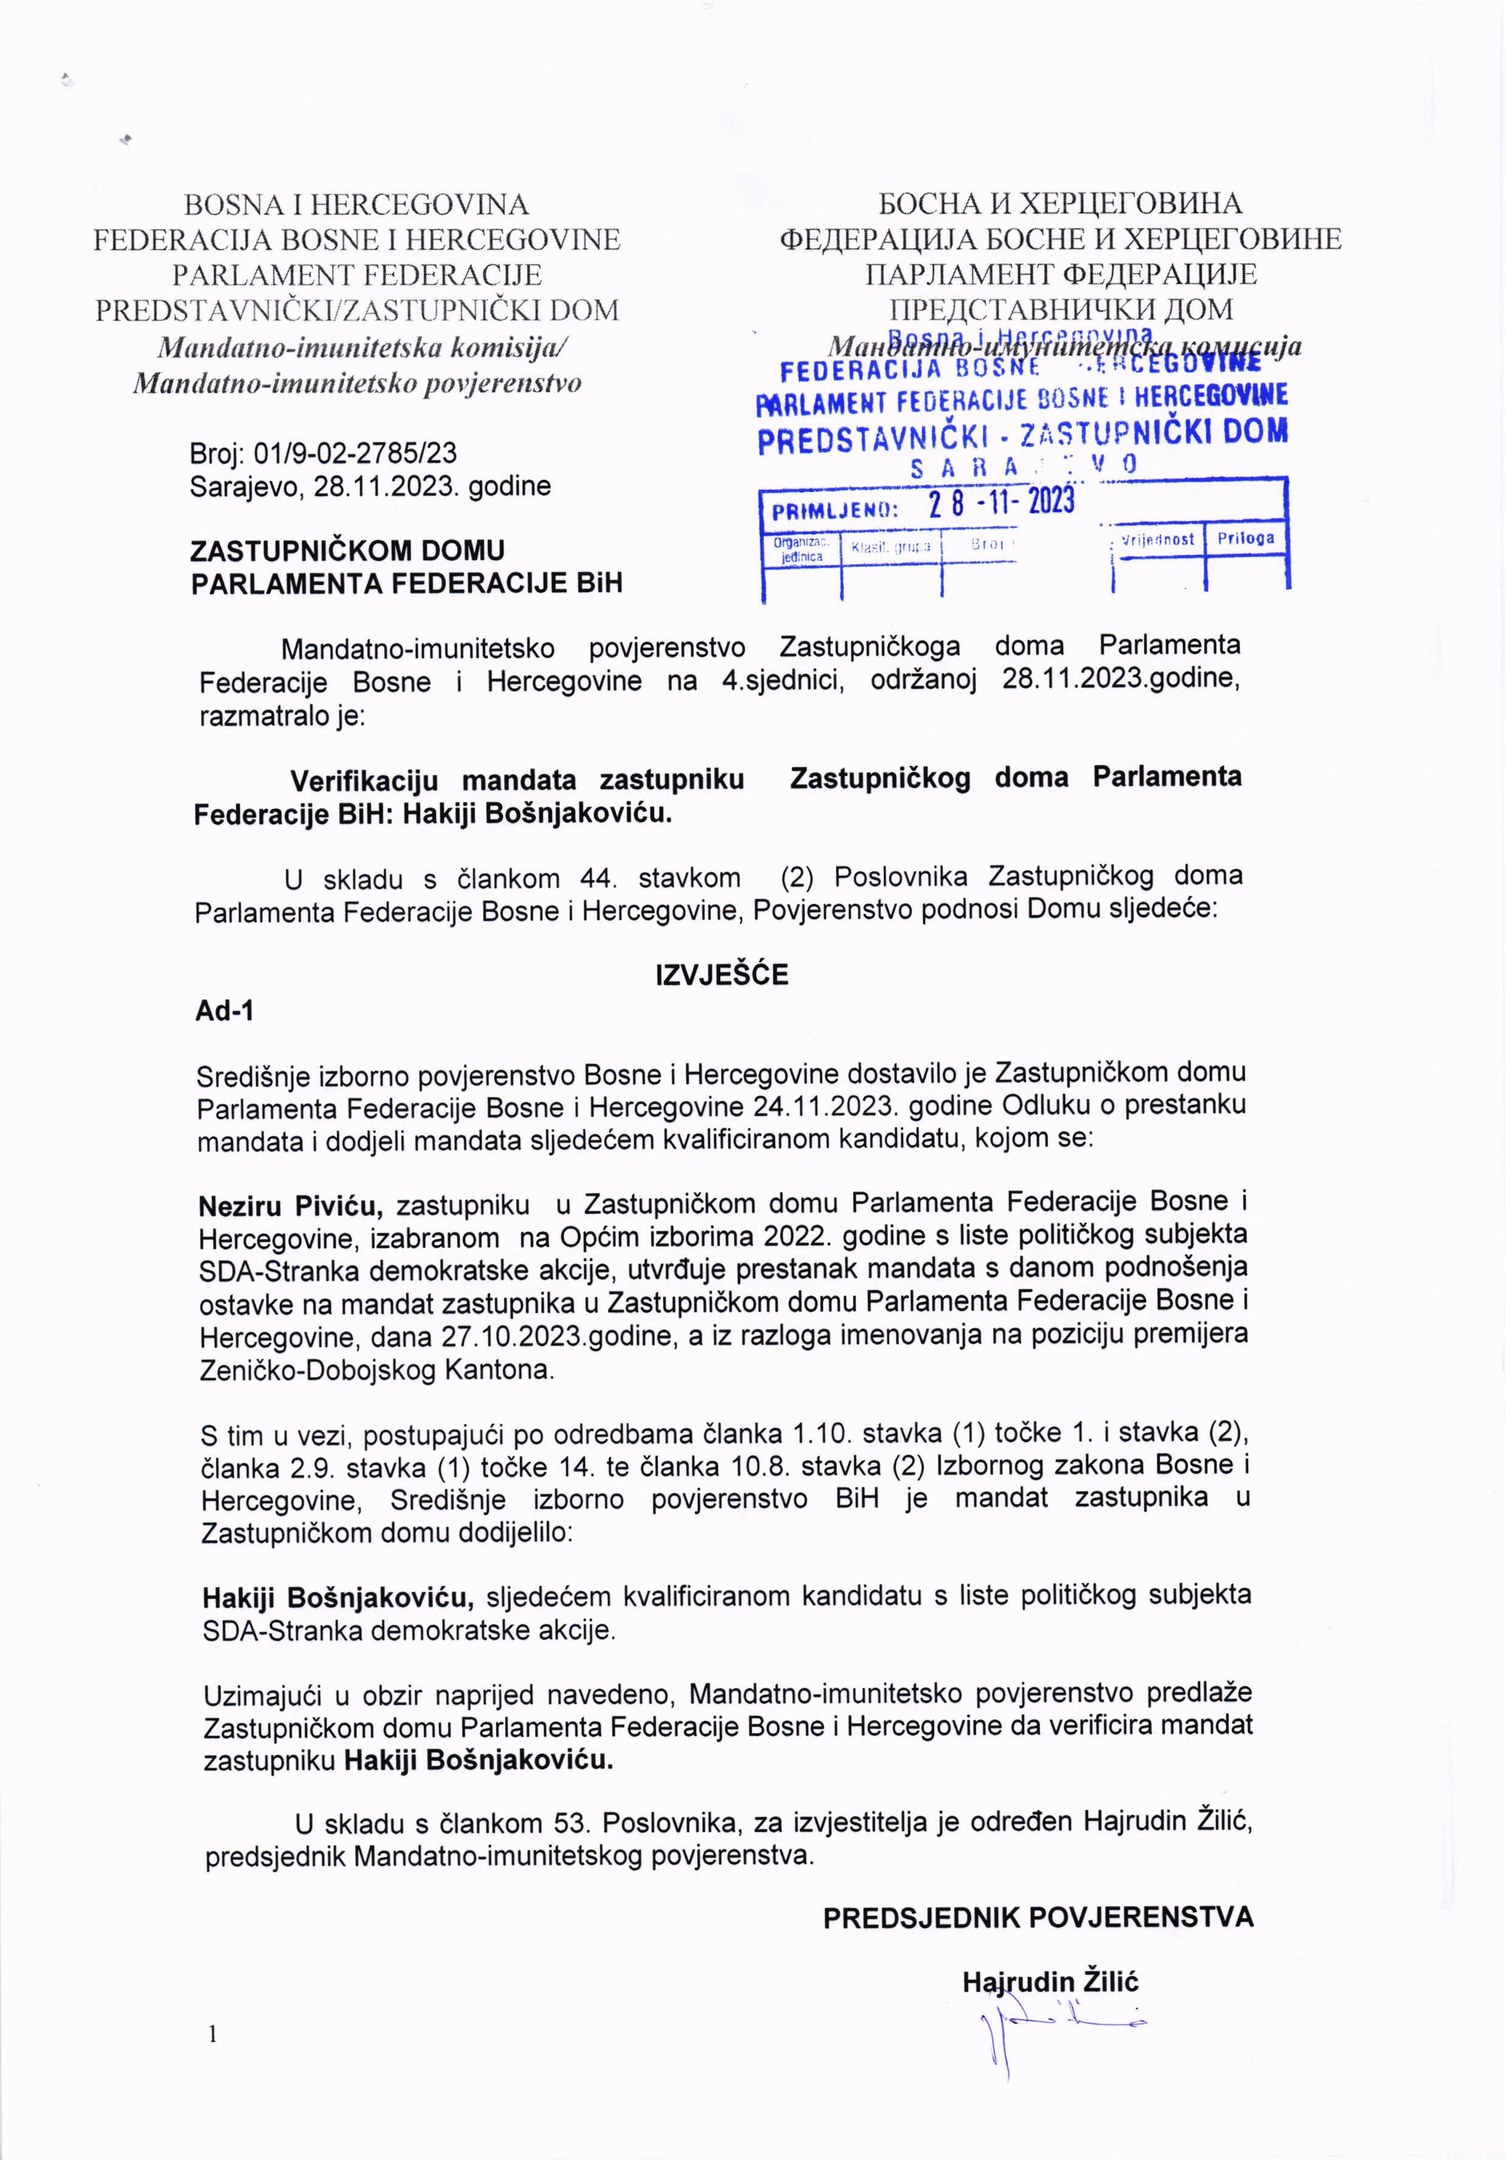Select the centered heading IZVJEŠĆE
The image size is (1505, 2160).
click(722, 975)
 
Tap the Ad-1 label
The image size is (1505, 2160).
click(224, 1011)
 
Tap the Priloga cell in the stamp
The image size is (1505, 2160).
click(1246, 538)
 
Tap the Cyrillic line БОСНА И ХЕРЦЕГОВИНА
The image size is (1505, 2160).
click(1060, 203)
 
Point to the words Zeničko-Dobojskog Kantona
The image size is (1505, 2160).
click(377, 1370)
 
